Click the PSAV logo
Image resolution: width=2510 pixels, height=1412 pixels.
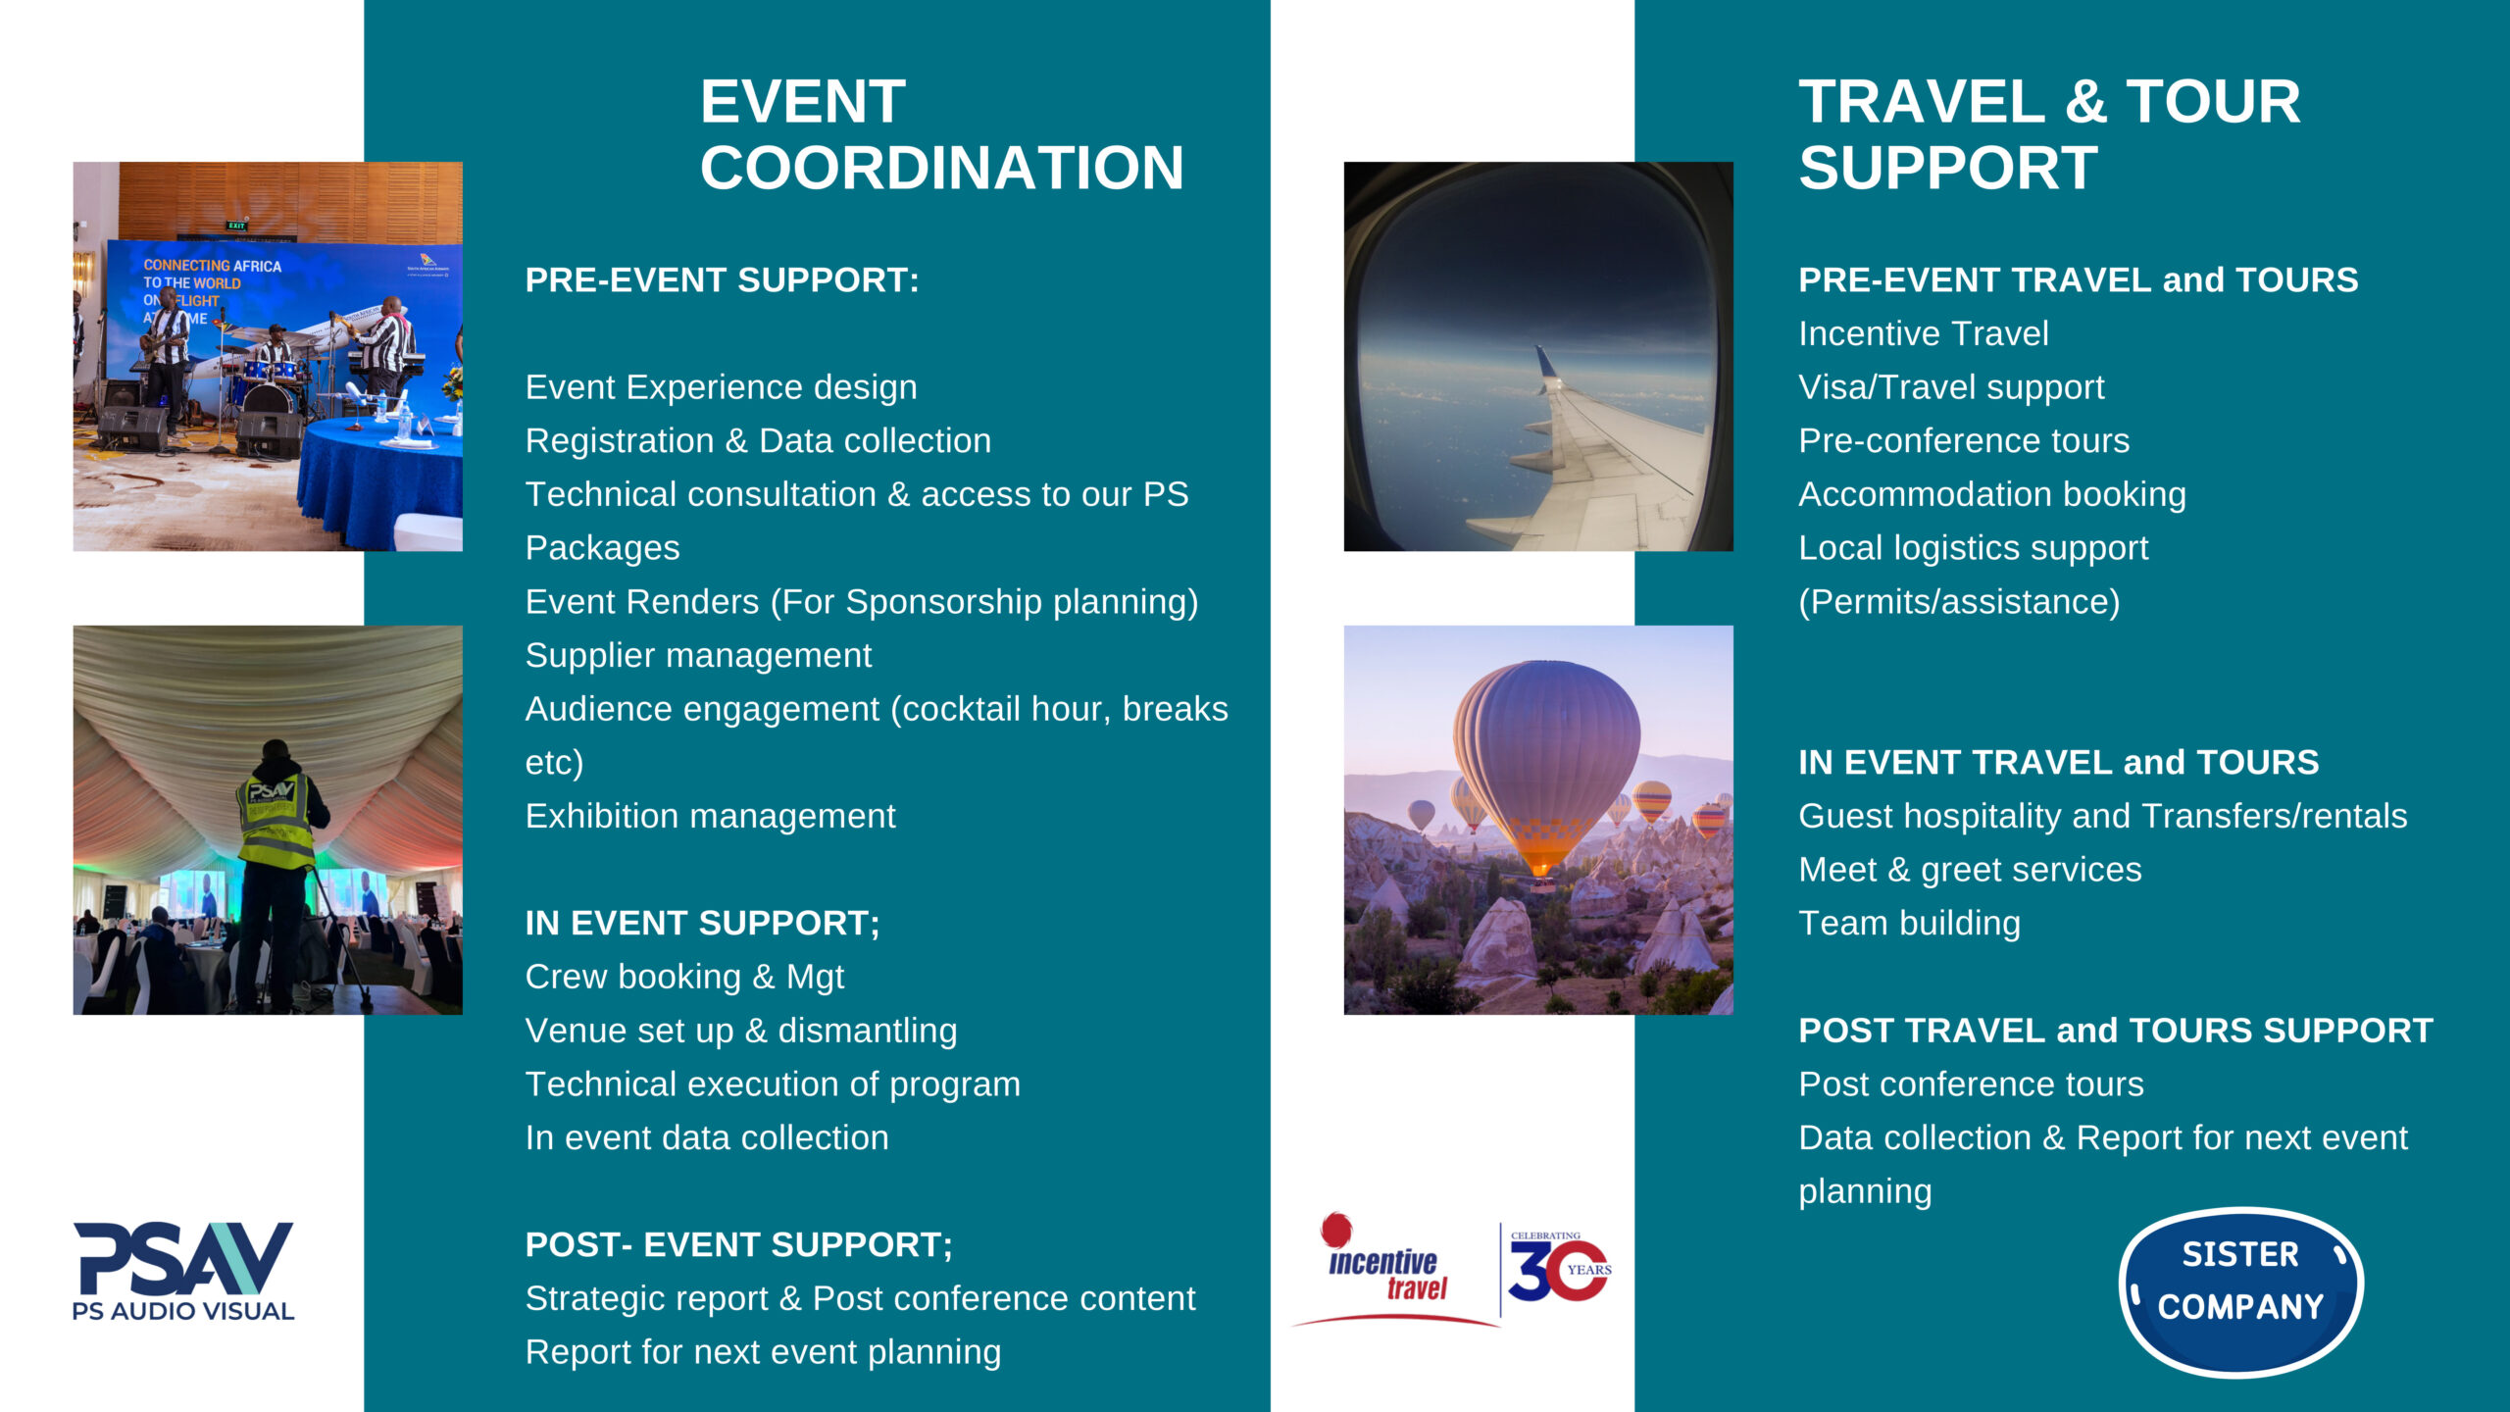183,1270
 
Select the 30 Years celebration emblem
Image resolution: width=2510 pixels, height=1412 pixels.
1557,1271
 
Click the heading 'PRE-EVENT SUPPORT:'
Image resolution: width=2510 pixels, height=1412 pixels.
722,280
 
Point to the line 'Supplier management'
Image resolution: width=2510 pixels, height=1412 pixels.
698,655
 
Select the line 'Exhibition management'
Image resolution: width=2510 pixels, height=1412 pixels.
710,816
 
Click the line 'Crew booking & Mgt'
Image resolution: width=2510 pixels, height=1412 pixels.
684,977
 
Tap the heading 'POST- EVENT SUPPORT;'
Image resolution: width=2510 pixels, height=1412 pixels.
738,1244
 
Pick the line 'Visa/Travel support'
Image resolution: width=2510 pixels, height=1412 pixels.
1951,387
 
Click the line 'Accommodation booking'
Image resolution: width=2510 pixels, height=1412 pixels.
1991,494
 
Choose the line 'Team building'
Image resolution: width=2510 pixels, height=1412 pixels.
1909,923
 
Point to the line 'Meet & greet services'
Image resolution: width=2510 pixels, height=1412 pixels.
1970,870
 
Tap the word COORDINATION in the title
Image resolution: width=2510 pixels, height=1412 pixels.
941,168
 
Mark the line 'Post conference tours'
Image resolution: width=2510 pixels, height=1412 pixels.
1971,1084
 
